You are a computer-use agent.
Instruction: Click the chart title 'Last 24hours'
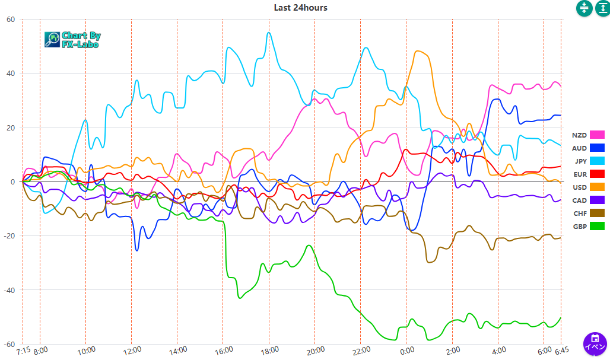pyautogui.click(x=300, y=8)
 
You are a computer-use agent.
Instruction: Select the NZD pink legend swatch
pyautogui.click(x=596, y=135)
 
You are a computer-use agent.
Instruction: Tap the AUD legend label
pyautogui.click(x=580, y=148)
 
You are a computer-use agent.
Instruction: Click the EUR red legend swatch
pyautogui.click(x=596, y=174)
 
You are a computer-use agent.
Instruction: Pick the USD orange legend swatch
pyautogui.click(x=596, y=187)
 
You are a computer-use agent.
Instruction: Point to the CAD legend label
pyautogui.click(x=580, y=200)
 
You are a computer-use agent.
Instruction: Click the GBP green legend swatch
pyautogui.click(x=596, y=227)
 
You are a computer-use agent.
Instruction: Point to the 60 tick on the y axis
pyautogui.click(x=11, y=19)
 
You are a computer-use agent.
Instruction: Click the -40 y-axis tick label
pyautogui.click(x=9, y=290)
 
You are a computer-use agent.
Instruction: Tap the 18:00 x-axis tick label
pyautogui.click(x=269, y=350)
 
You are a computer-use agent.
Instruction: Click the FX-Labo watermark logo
pyautogui.click(x=72, y=40)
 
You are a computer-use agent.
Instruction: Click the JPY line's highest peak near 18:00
pyautogui.click(x=269, y=33)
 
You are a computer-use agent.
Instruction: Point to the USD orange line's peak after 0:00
pyautogui.click(x=420, y=51)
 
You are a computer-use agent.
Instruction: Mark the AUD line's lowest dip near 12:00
pyautogui.click(x=137, y=250)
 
